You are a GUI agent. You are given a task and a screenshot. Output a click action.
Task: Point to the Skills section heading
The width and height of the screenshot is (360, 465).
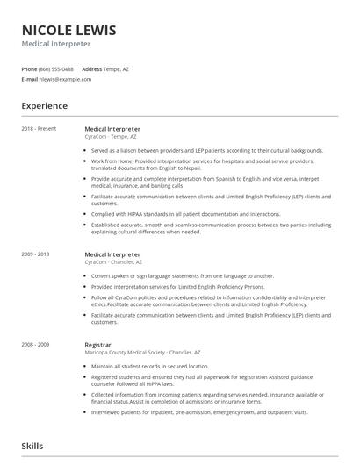[32, 446]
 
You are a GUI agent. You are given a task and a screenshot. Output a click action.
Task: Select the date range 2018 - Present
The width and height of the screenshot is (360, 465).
[39, 129]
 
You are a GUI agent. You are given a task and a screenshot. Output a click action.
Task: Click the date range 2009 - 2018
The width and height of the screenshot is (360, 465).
[37, 254]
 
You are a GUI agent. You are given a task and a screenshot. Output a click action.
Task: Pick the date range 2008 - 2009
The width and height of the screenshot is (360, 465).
[37, 345]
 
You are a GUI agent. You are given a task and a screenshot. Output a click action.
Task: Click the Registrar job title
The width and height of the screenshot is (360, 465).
[98, 345]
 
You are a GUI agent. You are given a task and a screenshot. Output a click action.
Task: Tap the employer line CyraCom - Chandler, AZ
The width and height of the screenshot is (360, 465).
[113, 261]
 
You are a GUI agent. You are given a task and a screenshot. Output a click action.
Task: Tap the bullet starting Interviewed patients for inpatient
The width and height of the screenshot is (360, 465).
[199, 411]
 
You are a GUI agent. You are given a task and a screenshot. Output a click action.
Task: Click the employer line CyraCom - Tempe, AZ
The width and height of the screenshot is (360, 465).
[111, 136]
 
